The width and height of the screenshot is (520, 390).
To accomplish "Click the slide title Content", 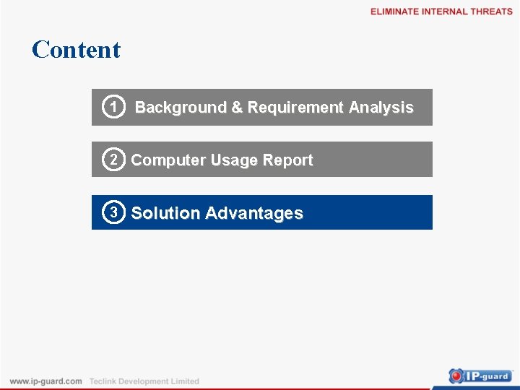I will click(76, 50).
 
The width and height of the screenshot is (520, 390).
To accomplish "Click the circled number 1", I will click(112, 108).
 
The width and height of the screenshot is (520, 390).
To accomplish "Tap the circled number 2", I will click(113, 160).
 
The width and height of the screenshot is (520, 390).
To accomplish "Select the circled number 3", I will click(113, 212).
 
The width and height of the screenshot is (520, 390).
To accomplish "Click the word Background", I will click(181, 108).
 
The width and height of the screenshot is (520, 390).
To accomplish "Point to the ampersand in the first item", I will click(237, 108).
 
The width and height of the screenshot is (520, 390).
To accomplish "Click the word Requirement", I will click(295, 108).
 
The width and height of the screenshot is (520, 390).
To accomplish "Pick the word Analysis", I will click(381, 108).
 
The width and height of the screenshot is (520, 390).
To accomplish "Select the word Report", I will click(288, 160).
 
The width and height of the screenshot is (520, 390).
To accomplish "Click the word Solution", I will click(165, 214).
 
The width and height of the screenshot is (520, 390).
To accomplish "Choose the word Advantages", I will click(254, 214).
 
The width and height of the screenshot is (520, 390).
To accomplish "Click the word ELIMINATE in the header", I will click(394, 12).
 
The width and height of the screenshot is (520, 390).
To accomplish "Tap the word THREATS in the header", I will click(491, 12).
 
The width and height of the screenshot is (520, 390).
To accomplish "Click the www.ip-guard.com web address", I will click(46, 381).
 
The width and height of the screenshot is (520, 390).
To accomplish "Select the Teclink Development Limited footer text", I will click(144, 381).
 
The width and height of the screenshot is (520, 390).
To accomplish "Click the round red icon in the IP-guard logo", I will click(456, 376).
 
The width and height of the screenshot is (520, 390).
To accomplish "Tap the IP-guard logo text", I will click(489, 376).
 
